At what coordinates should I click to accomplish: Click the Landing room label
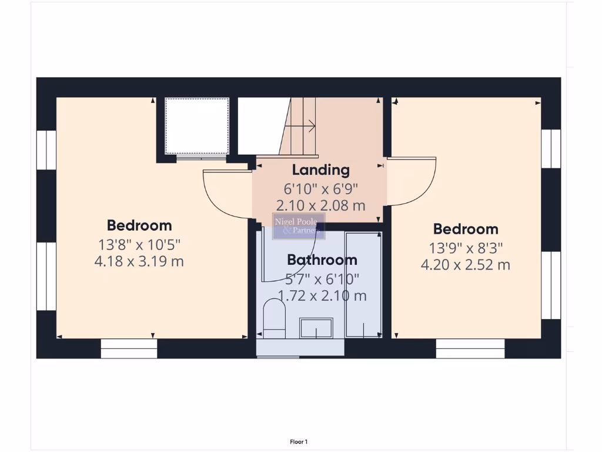point(320,170)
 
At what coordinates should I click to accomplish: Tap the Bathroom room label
point(322,260)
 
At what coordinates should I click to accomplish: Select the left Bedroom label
point(139,225)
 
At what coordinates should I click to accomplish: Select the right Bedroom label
point(466,229)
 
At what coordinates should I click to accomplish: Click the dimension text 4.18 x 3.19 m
point(139,261)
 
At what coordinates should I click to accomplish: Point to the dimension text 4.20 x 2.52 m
point(466,265)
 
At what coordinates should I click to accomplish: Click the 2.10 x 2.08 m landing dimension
point(320,205)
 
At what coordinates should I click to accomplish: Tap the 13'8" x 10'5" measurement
point(139,244)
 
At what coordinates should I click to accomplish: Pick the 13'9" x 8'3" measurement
point(466,247)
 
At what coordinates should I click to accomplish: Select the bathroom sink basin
point(316,328)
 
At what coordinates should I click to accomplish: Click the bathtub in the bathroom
point(363,285)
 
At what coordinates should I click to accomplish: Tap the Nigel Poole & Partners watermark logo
point(299,226)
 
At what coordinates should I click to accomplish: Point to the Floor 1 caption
point(299,441)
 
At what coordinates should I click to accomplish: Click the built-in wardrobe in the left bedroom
point(196,126)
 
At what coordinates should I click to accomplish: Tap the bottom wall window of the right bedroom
point(470,348)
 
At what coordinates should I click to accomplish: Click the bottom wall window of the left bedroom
point(129,348)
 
